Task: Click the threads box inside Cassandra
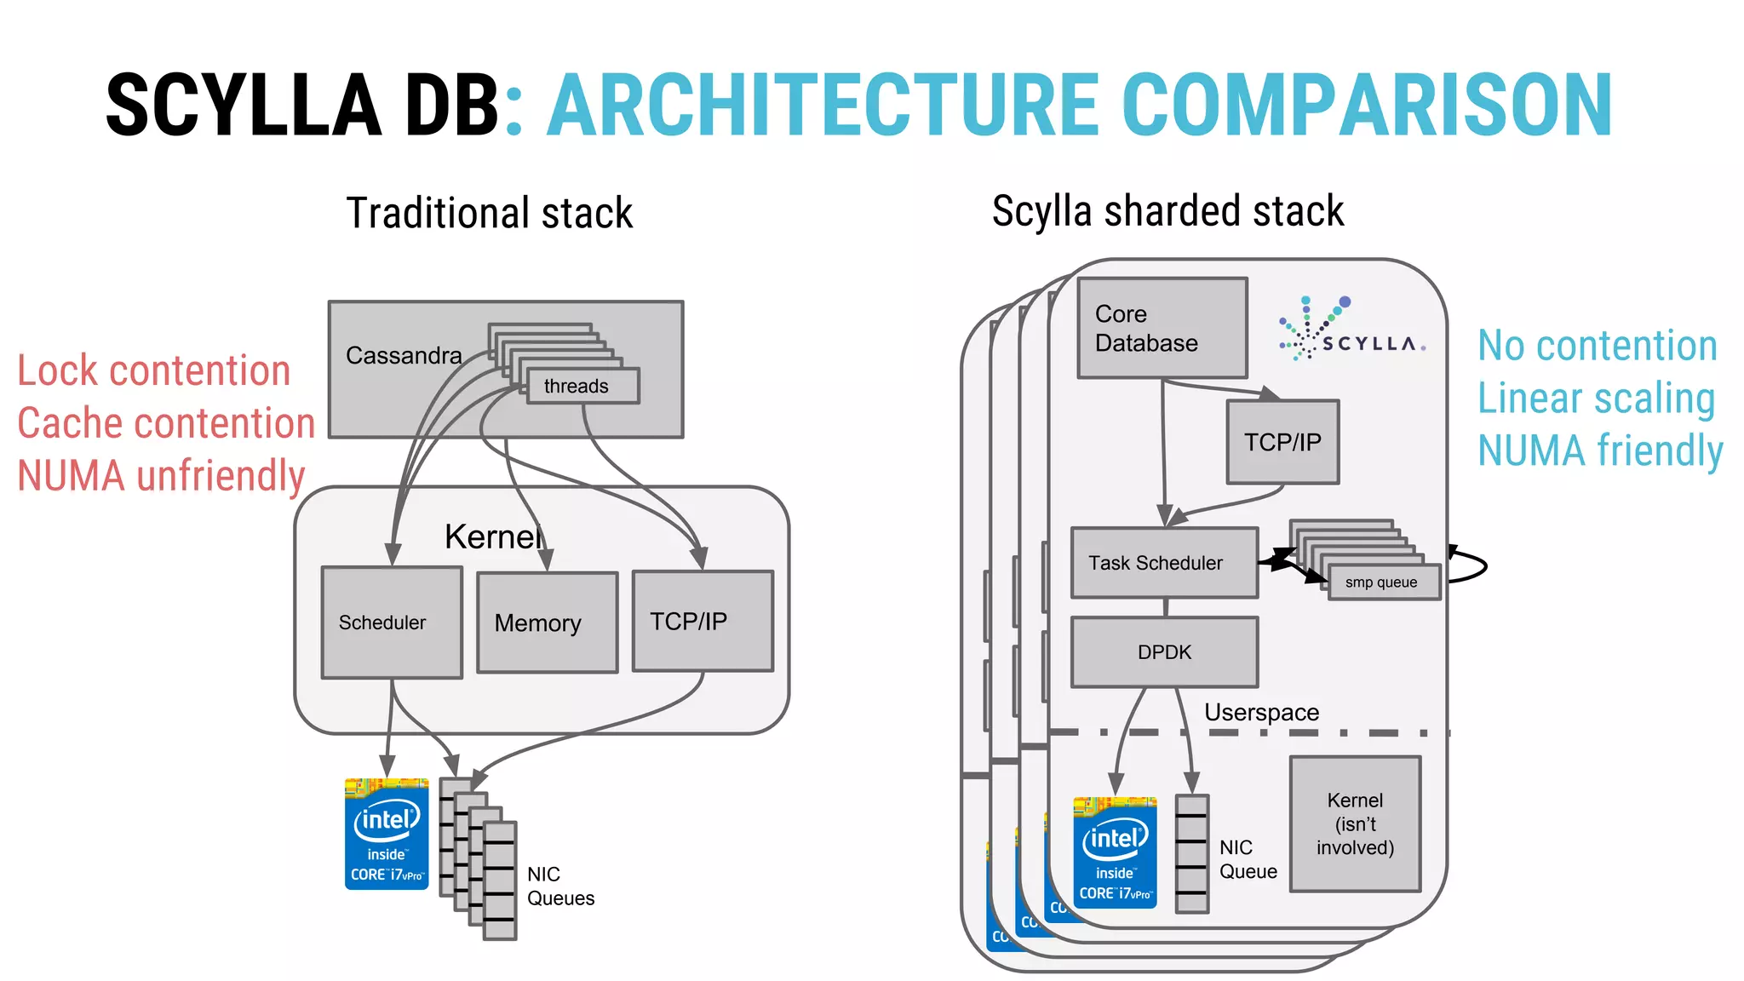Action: pos(582,386)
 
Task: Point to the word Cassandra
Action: pos(404,355)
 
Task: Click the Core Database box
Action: pos(1162,328)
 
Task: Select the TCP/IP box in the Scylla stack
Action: pos(1282,442)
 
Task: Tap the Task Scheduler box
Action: pos(1164,563)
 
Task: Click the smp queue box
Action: pos(1383,582)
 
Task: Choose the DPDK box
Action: pos(1164,652)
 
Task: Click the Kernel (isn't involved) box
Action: pos(1355,823)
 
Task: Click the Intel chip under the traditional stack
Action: pos(387,835)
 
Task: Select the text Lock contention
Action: pos(154,370)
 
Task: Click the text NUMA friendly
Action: pos(1600,450)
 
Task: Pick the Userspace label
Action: pos(1261,712)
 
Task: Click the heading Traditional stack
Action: pos(490,213)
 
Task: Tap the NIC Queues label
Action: pos(560,886)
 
